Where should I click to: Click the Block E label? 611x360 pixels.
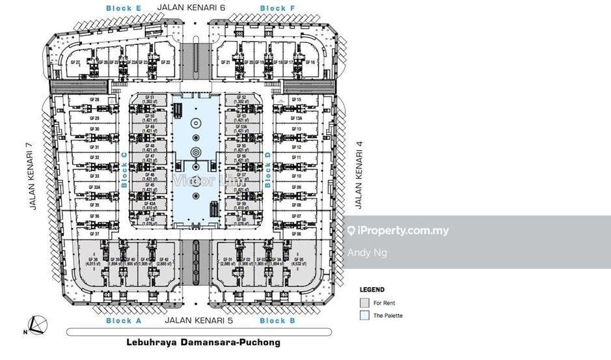pyautogui.click(x=124, y=8)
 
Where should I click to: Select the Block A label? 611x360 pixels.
pyautogui.click(x=123, y=321)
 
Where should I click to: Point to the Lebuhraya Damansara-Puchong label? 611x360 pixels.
pyautogui.click(x=202, y=342)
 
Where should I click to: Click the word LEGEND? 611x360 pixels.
pyautogui.click(x=372, y=290)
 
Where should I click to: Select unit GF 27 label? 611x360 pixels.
pyautogui.click(x=75, y=62)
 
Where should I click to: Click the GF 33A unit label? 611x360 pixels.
pyautogui.click(x=94, y=186)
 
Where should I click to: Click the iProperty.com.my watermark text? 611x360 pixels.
pyautogui.click(x=403, y=230)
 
